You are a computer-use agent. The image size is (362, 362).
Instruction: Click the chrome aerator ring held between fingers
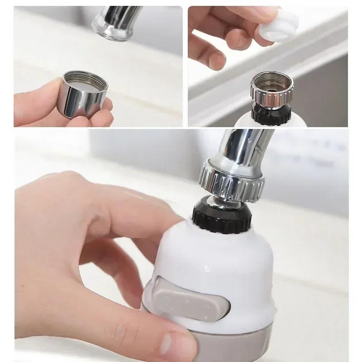click(x=84, y=97)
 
